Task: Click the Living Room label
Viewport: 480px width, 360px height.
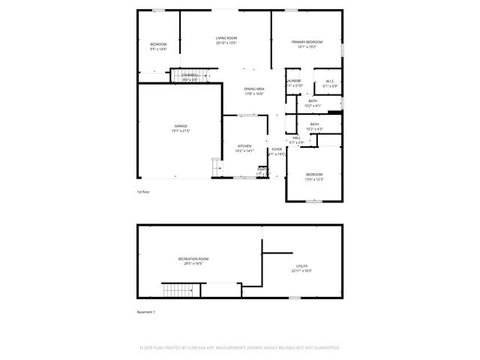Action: click(226, 38)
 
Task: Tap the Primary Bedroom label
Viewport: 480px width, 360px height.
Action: click(307, 42)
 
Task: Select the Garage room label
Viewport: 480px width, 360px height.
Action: click(181, 126)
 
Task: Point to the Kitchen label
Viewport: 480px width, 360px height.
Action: click(244, 146)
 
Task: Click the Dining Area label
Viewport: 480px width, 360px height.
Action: click(254, 88)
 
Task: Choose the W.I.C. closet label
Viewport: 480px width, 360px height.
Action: click(330, 82)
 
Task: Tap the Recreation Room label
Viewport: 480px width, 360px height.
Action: click(193, 259)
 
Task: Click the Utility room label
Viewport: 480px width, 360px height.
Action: click(301, 266)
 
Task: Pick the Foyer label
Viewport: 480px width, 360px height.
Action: click(277, 149)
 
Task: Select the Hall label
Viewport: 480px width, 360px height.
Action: click(296, 138)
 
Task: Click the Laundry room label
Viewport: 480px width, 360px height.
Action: click(293, 81)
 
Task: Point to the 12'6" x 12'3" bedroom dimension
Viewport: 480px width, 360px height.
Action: click(314, 179)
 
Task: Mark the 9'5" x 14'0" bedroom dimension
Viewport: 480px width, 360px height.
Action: click(158, 49)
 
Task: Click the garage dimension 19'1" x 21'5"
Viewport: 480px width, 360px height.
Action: click(181, 130)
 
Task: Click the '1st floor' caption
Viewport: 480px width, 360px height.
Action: click(142, 192)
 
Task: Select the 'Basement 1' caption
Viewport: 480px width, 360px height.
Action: click(145, 311)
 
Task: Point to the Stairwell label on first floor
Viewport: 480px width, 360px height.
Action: click(190, 75)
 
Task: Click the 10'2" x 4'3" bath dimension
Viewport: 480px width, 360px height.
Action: click(314, 129)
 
